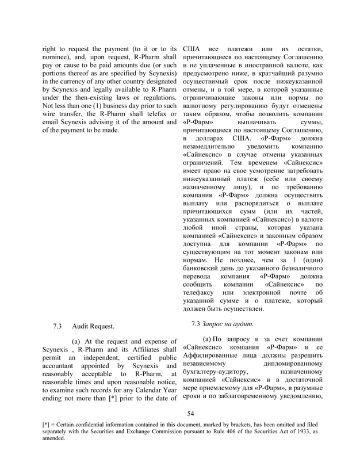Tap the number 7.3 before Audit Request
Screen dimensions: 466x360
[57, 326]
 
